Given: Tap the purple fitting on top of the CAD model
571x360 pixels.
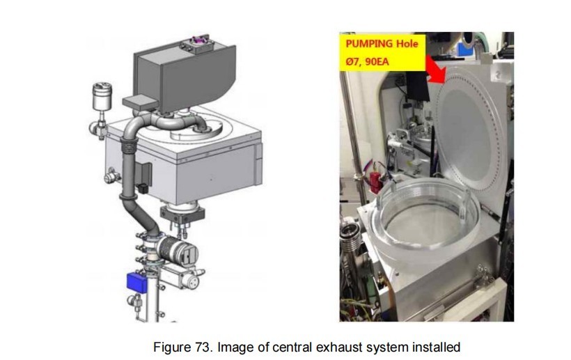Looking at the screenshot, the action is click(x=198, y=40).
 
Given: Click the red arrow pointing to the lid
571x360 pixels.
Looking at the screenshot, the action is click(x=435, y=69).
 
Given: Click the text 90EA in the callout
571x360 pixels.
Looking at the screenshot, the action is click(x=377, y=61).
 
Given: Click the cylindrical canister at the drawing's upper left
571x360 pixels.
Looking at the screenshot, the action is click(x=102, y=97).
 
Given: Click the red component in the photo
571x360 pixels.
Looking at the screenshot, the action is click(x=376, y=180).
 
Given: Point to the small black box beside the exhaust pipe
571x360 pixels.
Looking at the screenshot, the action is click(x=142, y=188).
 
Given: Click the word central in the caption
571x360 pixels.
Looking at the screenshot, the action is click(x=292, y=347).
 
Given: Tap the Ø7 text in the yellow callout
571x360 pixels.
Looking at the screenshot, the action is click(x=353, y=61).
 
